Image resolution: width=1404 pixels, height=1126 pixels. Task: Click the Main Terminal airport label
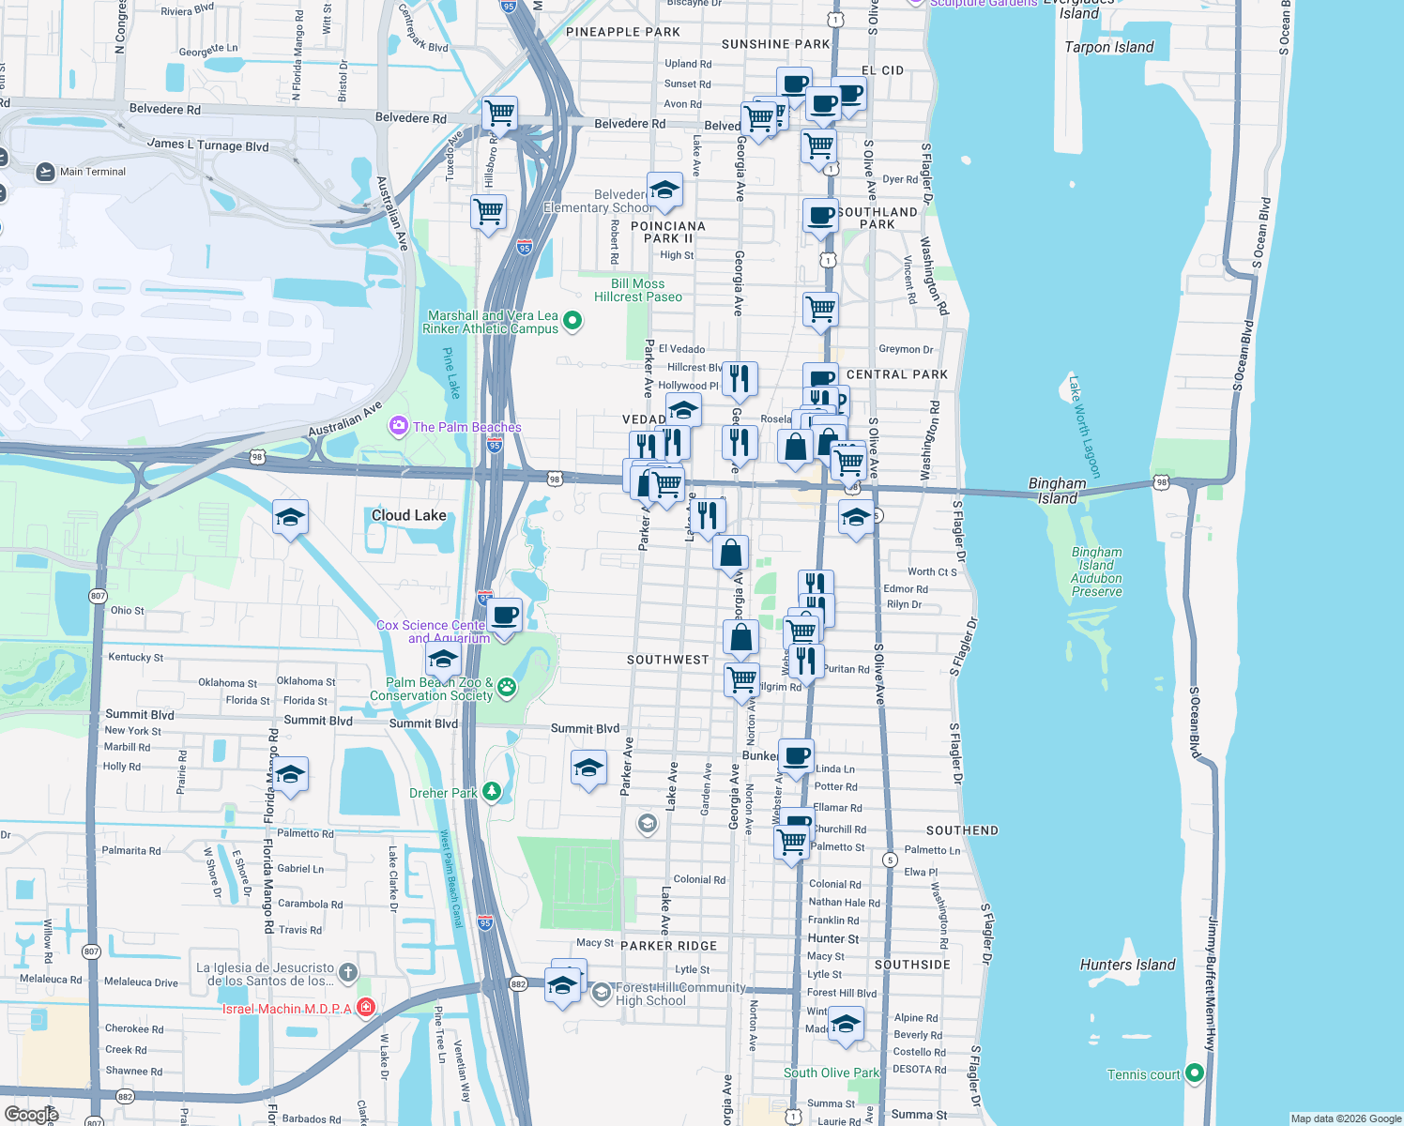tap(92, 172)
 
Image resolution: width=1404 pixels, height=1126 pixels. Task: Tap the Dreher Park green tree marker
tap(492, 793)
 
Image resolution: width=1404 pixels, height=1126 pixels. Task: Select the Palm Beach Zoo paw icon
tap(507, 688)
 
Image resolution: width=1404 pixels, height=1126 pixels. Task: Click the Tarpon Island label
tap(1108, 47)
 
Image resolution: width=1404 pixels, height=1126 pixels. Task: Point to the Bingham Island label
tap(1057, 491)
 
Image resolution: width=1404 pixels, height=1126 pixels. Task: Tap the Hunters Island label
tap(1127, 965)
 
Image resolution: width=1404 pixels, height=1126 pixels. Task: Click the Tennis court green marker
tap(1194, 1073)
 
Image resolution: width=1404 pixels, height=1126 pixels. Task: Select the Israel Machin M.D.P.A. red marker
tap(366, 1008)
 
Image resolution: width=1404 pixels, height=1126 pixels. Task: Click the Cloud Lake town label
tap(408, 515)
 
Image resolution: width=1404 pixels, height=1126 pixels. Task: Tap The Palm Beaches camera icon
tap(399, 427)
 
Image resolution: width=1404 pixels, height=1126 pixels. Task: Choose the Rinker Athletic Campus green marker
tap(572, 322)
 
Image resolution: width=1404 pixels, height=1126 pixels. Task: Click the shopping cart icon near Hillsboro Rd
tap(488, 213)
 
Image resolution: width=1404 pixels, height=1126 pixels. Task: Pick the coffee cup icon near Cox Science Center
tap(504, 616)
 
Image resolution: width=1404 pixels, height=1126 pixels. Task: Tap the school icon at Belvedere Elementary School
tap(664, 190)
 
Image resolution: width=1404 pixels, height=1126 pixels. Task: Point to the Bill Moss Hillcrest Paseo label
tap(638, 290)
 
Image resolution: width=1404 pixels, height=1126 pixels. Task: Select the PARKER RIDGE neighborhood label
tap(668, 946)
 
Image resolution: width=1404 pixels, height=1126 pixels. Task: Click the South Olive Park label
tap(832, 1073)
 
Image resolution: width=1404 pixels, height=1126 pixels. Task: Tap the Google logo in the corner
tap(31, 1114)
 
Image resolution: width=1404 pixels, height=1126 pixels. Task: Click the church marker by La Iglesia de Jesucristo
tap(347, 972)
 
